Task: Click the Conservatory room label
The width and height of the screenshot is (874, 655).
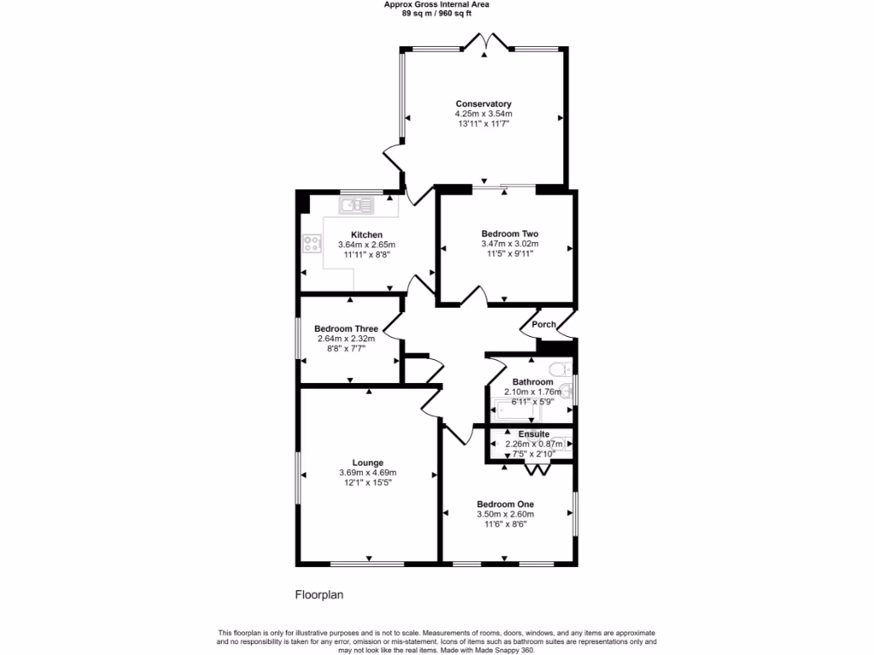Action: coord(483,104)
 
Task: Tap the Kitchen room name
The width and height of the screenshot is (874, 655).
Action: coord(366,235)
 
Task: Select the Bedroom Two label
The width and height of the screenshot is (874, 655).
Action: coord(510,234)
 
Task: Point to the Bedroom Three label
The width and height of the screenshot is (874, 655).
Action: coord(346,328)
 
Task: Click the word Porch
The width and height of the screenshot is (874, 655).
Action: coord(544,324)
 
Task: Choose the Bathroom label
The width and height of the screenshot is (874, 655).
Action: coord(533,382)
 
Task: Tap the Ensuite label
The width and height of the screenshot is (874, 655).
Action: coord(533,434)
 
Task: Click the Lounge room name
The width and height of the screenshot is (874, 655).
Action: coord(368,463)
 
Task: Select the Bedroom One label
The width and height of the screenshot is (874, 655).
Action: coord(505,504)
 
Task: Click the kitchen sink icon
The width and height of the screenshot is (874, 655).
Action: coord(356,205)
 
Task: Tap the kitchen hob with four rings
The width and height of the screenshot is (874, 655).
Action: coord(312,244)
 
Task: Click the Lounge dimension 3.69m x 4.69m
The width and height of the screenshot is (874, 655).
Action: coord(368,473)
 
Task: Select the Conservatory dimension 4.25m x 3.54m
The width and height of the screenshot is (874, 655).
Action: coord(483,114)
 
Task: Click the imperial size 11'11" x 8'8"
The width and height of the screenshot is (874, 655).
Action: coord(366,254)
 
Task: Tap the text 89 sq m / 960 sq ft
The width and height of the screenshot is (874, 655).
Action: coord(436,13)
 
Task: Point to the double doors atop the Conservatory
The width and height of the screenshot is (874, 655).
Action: coord(484,43)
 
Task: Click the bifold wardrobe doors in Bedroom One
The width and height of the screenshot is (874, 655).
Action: coord(537,468)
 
